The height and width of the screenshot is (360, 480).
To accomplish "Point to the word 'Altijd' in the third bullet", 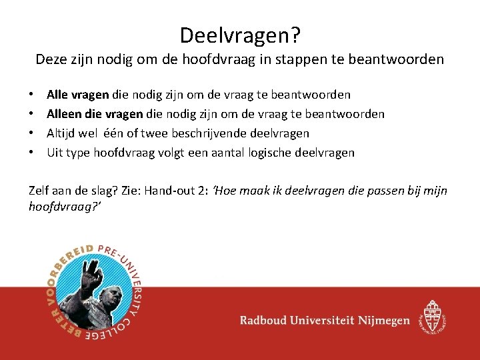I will tap(62, 133).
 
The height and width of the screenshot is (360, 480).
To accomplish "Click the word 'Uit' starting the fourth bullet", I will tap(55, 153).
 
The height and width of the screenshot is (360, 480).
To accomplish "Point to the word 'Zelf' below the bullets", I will tap(40, 191).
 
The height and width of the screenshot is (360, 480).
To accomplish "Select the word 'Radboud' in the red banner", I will tap(267, 321).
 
